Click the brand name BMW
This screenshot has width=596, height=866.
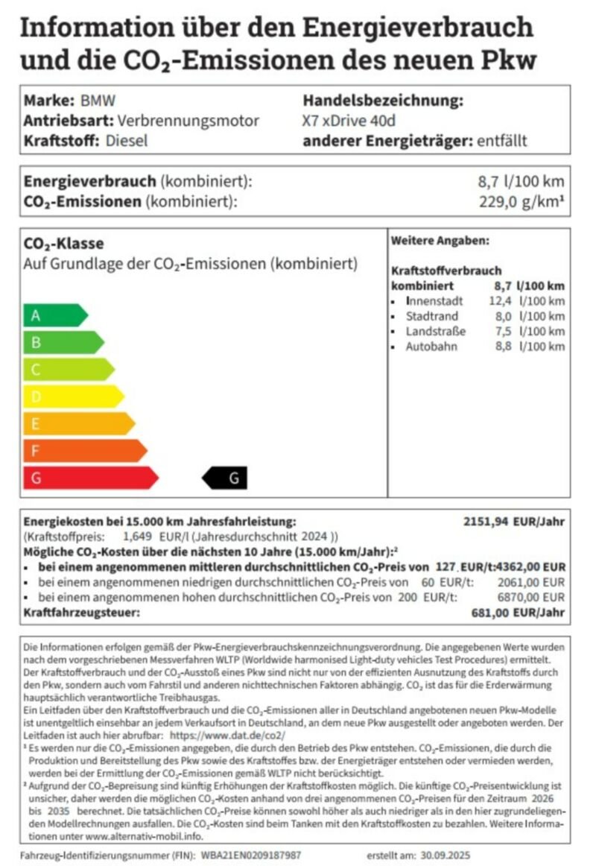98,101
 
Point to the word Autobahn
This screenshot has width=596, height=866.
431,347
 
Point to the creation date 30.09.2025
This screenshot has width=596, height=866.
444,855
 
